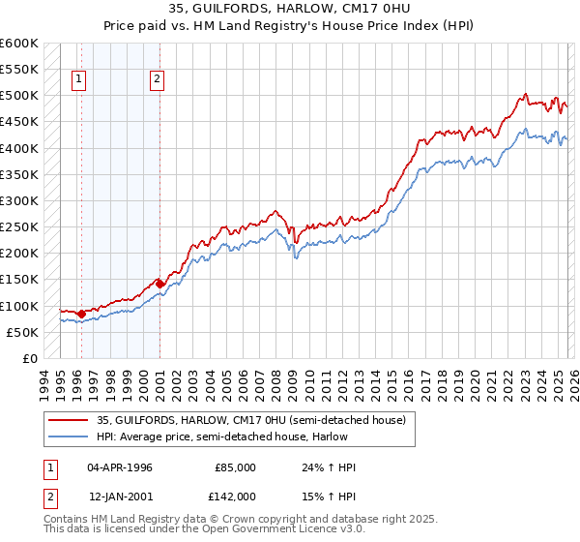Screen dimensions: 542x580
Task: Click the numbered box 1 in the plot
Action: point(78,81)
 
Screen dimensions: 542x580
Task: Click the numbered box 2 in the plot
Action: point(157,81)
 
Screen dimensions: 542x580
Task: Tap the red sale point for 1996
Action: point(81,314)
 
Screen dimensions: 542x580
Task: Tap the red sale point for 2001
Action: point(159,284)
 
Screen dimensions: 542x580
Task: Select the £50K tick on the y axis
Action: point(21,333)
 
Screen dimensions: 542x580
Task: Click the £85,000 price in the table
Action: point(236,467)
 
